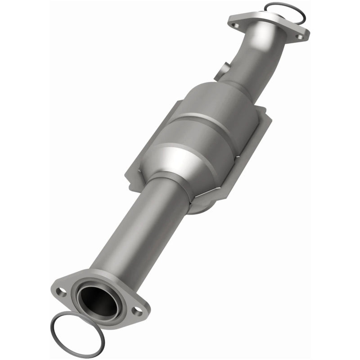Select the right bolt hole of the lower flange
(x=135, y=310)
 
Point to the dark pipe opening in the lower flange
(x=96, y=299)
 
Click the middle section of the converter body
(x=202, y=135)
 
